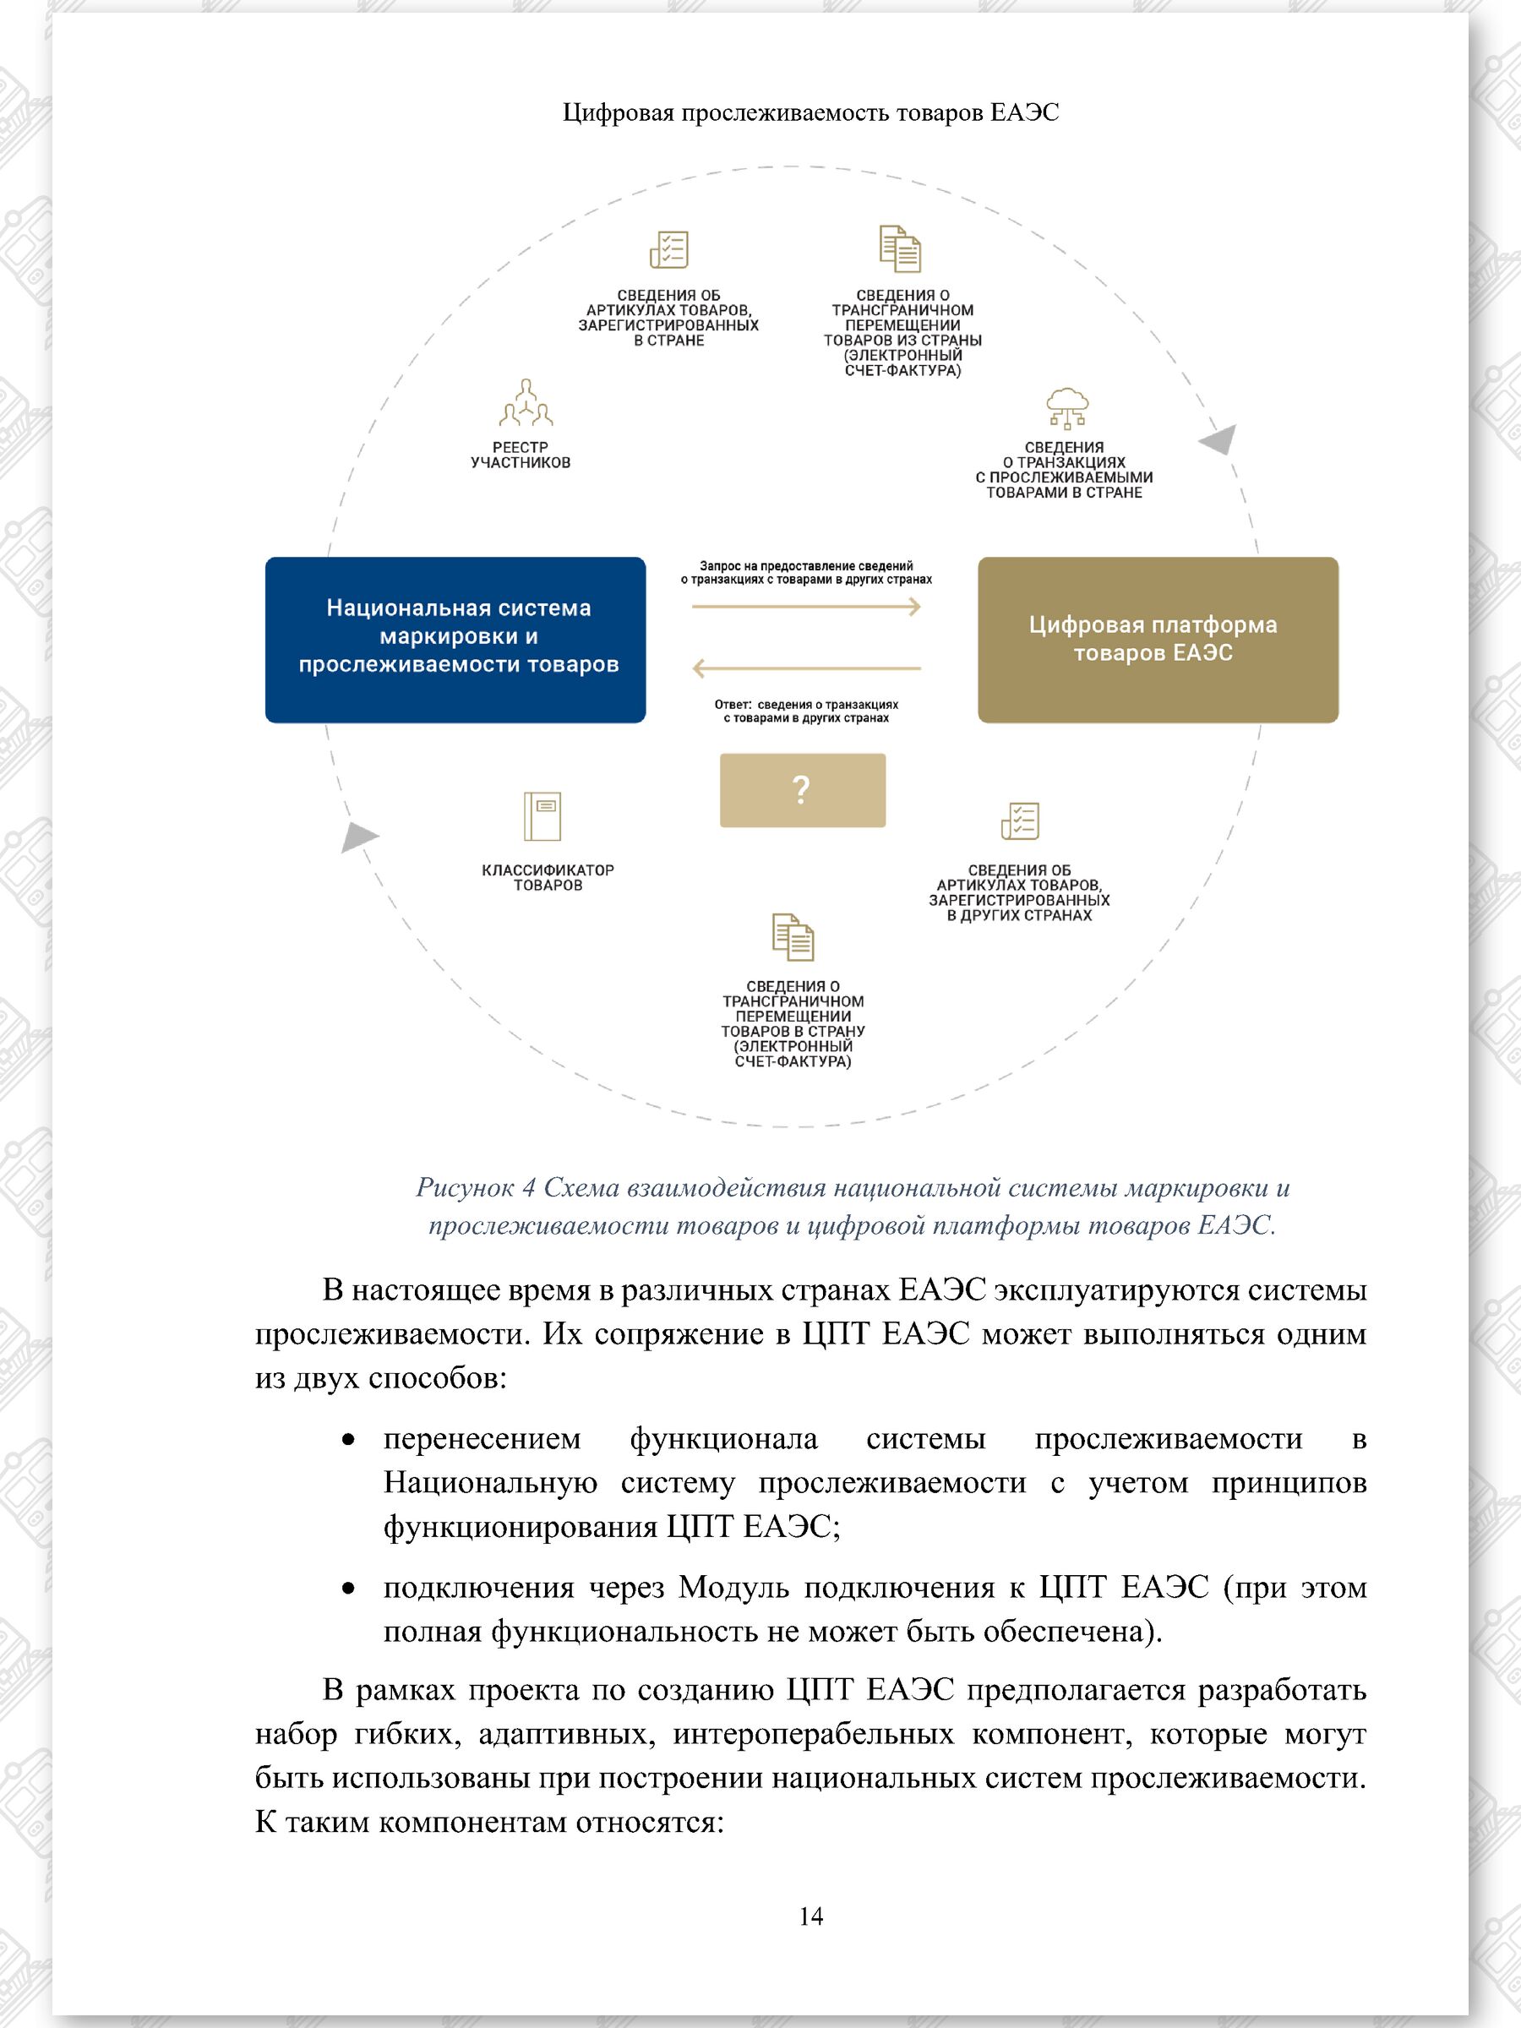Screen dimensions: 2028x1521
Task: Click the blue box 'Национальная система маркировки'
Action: (455, 639)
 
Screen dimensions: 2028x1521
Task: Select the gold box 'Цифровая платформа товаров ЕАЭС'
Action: (1157, 639)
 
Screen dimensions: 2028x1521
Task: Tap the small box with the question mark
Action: (802, 790)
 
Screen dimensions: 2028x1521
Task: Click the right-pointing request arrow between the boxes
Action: (805, 606)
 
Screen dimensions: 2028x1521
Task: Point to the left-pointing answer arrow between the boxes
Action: (805, 668)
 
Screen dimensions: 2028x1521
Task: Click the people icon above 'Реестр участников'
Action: (526, 403)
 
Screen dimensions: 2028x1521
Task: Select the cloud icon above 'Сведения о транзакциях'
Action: (1066, 407)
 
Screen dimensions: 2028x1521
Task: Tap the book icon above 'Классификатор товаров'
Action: (542, 816)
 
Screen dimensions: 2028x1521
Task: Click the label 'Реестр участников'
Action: (520, 455)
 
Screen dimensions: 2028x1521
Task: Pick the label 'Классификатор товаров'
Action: (548, 877)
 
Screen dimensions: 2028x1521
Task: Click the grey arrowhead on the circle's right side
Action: (1219, 439)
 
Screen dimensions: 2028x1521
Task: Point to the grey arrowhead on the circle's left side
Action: (358, 837)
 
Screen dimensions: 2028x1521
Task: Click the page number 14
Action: (810, 1916)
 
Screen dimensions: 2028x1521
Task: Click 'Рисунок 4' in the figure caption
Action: (475, 1187)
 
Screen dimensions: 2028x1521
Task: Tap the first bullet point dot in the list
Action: (347, 1442)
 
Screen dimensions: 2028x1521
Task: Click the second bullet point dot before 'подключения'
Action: (347, 1589)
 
